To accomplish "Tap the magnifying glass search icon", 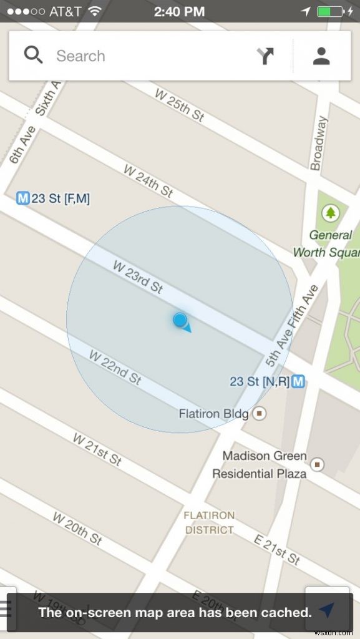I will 33,55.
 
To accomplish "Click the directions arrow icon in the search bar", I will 265,56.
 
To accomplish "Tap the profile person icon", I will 321,56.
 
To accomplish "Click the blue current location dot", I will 180,321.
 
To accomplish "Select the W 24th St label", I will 148,180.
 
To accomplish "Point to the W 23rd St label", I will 138,276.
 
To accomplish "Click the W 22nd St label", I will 115,367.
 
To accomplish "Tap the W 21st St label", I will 97,449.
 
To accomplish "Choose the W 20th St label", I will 77,528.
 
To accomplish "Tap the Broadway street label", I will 319,143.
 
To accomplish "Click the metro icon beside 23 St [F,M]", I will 23,198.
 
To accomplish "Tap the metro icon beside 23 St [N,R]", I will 299,381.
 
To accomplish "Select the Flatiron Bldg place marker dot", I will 260,413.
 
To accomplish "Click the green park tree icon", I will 330,213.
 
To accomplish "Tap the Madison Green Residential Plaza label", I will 260,465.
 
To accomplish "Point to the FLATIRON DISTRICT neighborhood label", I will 210,523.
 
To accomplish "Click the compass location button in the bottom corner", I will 327,610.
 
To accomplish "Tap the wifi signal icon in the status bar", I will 95,11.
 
